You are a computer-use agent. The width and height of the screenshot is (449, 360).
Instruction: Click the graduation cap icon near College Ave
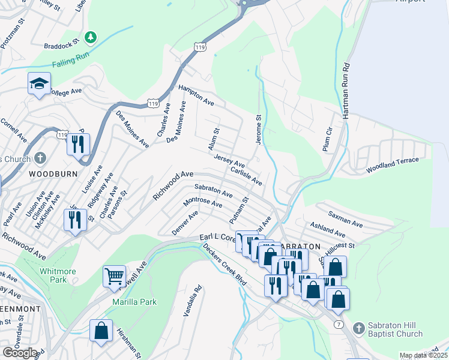(39, 83)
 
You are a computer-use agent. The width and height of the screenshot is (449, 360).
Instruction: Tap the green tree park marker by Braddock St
(90, 38)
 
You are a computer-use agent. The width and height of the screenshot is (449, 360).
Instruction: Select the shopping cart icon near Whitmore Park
(114, 277)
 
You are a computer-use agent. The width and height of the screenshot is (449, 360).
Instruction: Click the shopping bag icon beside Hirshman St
(101, 330)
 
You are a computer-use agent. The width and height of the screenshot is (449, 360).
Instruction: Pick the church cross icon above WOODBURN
(40, 159)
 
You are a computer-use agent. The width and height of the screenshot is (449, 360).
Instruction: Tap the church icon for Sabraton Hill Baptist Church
(358, 328)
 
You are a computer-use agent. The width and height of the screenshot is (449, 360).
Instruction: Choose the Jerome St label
(259, 128)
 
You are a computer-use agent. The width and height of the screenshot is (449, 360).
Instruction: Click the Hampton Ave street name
(196, 95)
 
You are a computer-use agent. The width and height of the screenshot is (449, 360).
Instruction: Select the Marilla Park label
(134, 302)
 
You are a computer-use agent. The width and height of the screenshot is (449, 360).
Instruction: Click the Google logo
(20, 353)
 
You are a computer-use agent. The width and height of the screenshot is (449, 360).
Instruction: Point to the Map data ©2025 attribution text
(423, 355)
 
